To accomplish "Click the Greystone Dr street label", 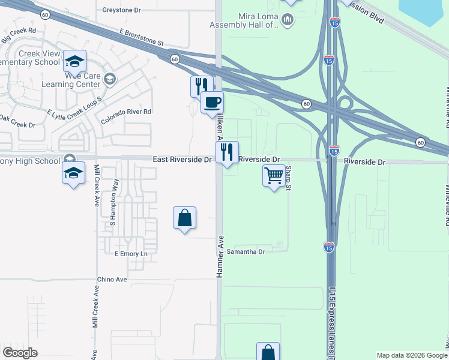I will (x=121, y=10).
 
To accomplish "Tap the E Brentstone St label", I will (x=141, y=37).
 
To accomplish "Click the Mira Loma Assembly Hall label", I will (x=243, y=20).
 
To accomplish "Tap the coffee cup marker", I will (x=211, y=102).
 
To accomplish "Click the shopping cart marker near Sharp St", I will (x=274, y=176).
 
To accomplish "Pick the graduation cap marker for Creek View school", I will (x=75, y=61).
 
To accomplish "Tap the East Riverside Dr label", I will (x=182, y=160).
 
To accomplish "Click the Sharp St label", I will (x=288, y=179).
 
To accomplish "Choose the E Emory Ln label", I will (x=131, y=254).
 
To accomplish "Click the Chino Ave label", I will (x=112, y=280).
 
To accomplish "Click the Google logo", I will (x=20, y=353).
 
